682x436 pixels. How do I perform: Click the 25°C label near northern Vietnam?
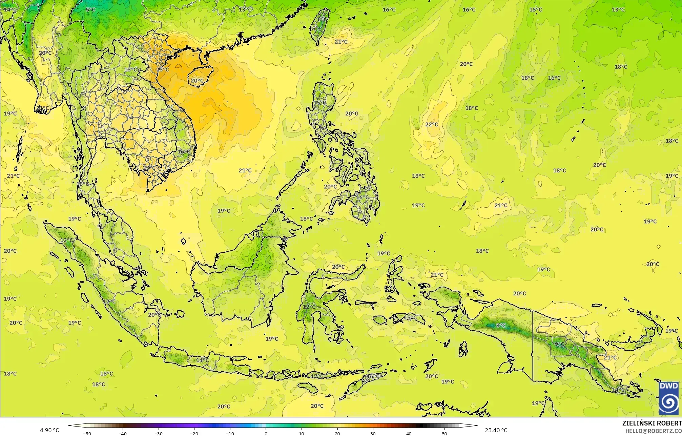pos(162,70)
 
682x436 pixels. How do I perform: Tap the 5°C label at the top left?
pos(90,9)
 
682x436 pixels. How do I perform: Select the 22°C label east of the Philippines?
pos(431,124)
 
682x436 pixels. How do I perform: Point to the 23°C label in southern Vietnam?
pos(148,168)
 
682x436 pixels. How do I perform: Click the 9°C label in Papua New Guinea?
pos(559,344)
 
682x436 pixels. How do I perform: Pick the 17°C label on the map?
pos(317,376)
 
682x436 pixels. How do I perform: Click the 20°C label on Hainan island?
pos(197,81)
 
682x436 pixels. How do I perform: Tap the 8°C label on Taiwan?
pos(322,19)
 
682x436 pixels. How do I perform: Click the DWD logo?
pos(668,398)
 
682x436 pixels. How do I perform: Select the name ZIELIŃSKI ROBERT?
pos(652,423)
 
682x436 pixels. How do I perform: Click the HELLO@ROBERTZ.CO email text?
pos(653,431)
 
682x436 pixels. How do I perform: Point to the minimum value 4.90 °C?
pos(49,430)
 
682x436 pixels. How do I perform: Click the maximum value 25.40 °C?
pos(496,430)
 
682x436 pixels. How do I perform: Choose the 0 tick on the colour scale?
pos(266,433)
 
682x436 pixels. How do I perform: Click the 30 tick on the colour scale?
pos(373,433)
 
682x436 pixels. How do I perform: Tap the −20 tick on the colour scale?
pos(194,433)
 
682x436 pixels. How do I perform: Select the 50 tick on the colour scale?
pos(445,433)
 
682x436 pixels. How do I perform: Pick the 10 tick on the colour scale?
pos(302,433)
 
